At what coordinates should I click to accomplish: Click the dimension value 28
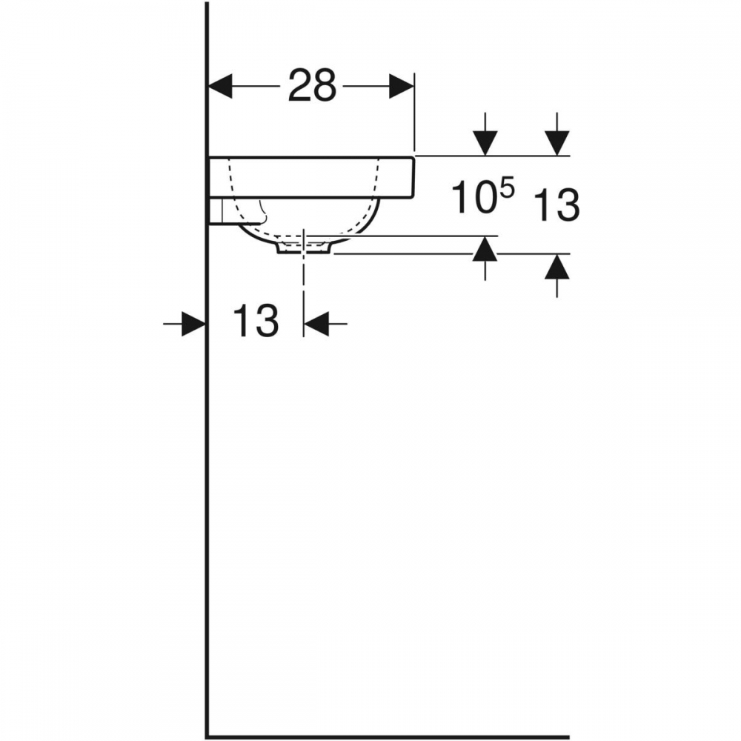[312, 85]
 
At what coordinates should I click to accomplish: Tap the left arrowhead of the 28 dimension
[220, 86]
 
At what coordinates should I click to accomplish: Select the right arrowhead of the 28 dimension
[401, 86]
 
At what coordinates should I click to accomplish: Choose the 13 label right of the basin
[556, 205]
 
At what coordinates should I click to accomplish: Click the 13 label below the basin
[256, 320]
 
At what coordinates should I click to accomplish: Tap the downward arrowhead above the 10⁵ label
[485, 143]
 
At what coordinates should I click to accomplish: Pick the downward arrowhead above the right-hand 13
[557, 143]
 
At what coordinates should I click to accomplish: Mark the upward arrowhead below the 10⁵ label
[485, 248]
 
